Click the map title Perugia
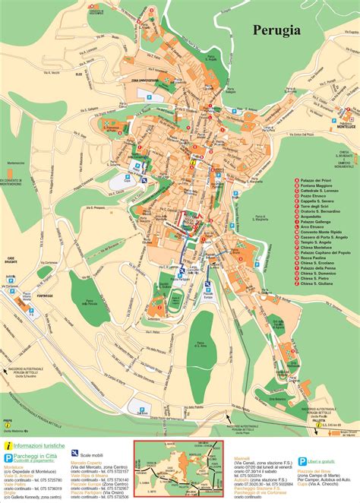click(279, 32)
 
